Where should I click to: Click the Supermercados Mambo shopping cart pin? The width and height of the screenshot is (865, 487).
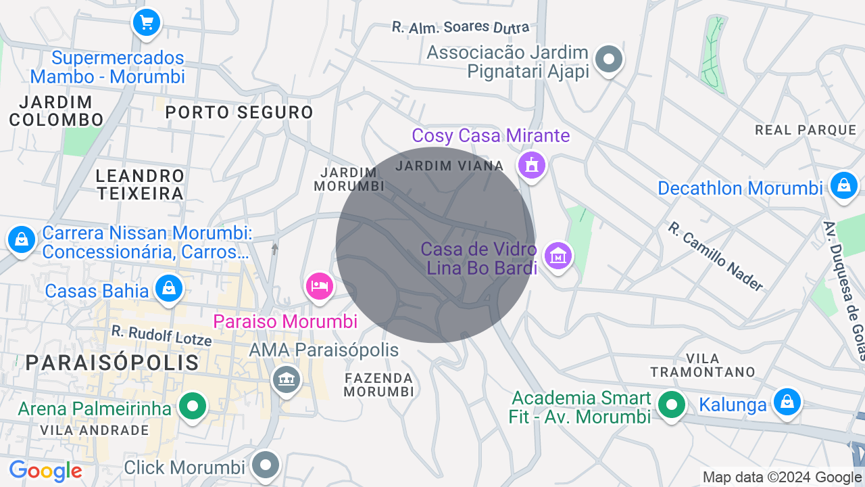click(x=147, y=24)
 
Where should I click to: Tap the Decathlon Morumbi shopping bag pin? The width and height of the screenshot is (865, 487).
click(x=843, y=185)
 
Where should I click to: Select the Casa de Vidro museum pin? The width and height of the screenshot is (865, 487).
click(x=558, y=256)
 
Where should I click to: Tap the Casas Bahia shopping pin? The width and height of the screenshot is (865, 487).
click(x=168, y=289)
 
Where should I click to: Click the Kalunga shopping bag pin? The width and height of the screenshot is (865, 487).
click(x=787, y=402)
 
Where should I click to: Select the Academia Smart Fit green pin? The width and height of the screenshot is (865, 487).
click(x=671, y=406)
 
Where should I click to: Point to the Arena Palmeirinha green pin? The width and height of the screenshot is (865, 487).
click(x=193, y=407)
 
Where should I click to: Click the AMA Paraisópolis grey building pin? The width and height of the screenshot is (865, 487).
click(x=287, y=379)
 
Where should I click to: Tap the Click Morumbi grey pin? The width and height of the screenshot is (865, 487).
click(x=266, y=465)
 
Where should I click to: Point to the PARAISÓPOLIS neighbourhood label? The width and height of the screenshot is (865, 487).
click(x=112, y=363)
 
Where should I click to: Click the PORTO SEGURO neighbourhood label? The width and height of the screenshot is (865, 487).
click(x=240, y=112)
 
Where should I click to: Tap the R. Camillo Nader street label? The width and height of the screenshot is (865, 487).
click(x=715, y=256)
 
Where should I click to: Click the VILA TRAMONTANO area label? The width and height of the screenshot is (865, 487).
click(x=703, y=365)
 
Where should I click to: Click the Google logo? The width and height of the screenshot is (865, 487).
click(x=45, y=471)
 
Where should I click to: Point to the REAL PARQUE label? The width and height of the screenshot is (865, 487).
click(x=806, y=129)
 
